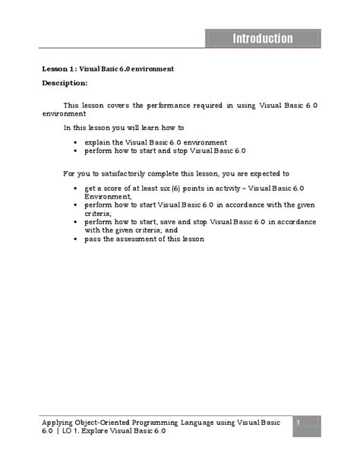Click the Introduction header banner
point(262,38)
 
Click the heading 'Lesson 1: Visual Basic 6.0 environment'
point(107,68)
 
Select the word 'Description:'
point(65,82)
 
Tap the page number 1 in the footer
point(299,422)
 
